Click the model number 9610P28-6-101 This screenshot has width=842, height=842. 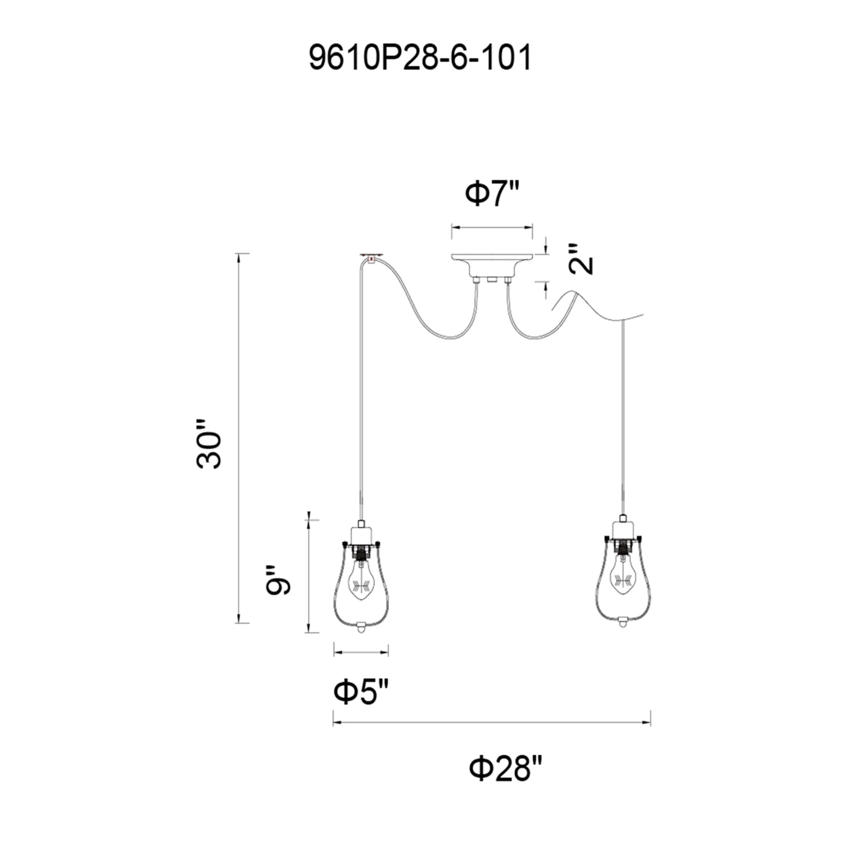(420, 59)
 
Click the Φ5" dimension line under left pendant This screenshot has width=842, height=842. (361, 665)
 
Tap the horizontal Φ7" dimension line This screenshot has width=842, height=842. (492, 227)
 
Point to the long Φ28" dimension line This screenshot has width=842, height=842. (492, 723)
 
